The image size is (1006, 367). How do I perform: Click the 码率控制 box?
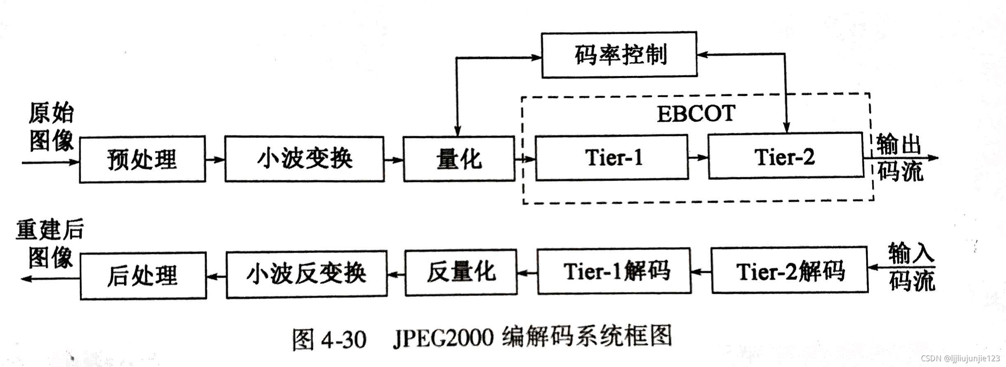(x=619, y=55)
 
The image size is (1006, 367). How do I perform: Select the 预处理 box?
(x=142, y=159)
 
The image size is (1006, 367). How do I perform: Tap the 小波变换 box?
(x=304, y=159)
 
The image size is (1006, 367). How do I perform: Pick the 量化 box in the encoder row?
(x=459, y=159)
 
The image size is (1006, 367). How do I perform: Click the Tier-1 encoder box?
(x=612, y=157)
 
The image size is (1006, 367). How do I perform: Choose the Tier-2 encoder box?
(x=785, y=156)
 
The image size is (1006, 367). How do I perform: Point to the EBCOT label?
(x=696, y=114)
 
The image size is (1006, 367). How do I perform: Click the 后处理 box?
(x=143, y=276)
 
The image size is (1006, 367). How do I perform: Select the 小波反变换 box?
(x=307, y=274)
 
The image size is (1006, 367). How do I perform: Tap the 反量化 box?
(x=461, y=272)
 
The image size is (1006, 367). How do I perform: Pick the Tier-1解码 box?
(x=614, y=271)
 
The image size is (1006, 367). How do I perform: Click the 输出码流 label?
(x=899, y=158)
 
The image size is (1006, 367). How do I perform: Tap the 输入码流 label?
(x=911, y=267)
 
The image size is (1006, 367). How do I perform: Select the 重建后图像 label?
(x=50, y=244)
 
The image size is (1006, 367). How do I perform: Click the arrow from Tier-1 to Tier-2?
(x=698, y=157)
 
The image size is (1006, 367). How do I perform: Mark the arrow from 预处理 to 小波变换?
(x=215, y=159)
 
